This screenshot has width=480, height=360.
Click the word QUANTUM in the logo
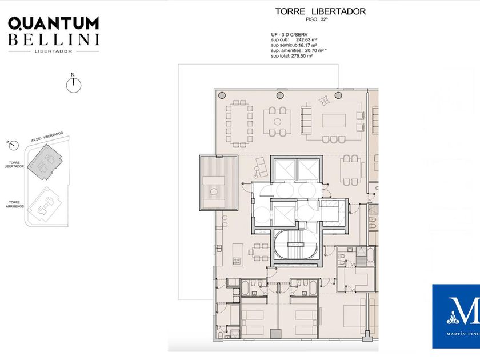[x=53, y=23]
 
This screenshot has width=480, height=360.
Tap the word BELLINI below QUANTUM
[x=53, y=39]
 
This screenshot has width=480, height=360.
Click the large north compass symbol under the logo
[x=73, y=86]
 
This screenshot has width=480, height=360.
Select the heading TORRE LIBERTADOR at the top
[x=320, y=11]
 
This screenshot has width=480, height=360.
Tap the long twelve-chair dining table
[x=239, y=123]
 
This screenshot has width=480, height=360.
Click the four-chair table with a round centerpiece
[x=277, y=121]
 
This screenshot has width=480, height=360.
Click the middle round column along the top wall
[x=281, y=95]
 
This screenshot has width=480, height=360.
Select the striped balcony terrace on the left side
[x=218, y=183]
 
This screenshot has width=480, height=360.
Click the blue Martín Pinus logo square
[x=455, y=316]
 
